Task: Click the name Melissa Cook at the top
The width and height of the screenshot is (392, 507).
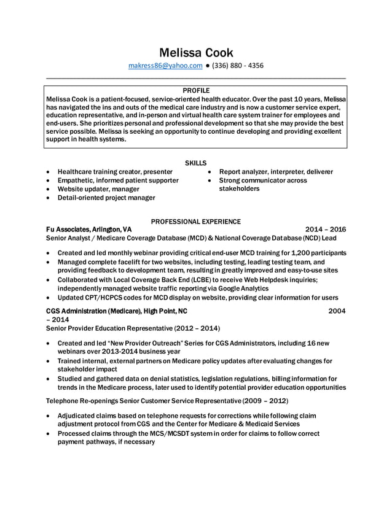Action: [196, 52]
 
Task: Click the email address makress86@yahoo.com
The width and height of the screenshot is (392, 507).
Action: [165, 66]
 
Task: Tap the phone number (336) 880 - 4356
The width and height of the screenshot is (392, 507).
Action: [238, 66]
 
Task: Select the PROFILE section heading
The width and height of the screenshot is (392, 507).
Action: [196, 90]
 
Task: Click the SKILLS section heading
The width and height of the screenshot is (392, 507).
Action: [195, 163]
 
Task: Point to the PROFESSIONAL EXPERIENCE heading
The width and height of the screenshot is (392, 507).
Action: [195, 221]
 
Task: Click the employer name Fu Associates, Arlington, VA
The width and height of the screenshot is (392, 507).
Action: [88, 229]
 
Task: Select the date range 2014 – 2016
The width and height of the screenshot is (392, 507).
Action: [325, 229]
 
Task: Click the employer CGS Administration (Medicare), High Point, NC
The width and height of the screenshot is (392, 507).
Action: [117, 311]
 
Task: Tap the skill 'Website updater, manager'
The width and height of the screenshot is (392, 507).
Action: [98, 189]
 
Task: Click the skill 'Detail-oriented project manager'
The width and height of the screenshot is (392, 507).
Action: [106, 198]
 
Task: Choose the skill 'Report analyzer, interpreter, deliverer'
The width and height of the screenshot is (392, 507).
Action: [276, 172]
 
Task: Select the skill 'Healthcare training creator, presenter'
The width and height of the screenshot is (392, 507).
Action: [115, 172]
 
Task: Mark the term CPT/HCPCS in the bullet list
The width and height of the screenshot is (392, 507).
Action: [111, 297]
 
